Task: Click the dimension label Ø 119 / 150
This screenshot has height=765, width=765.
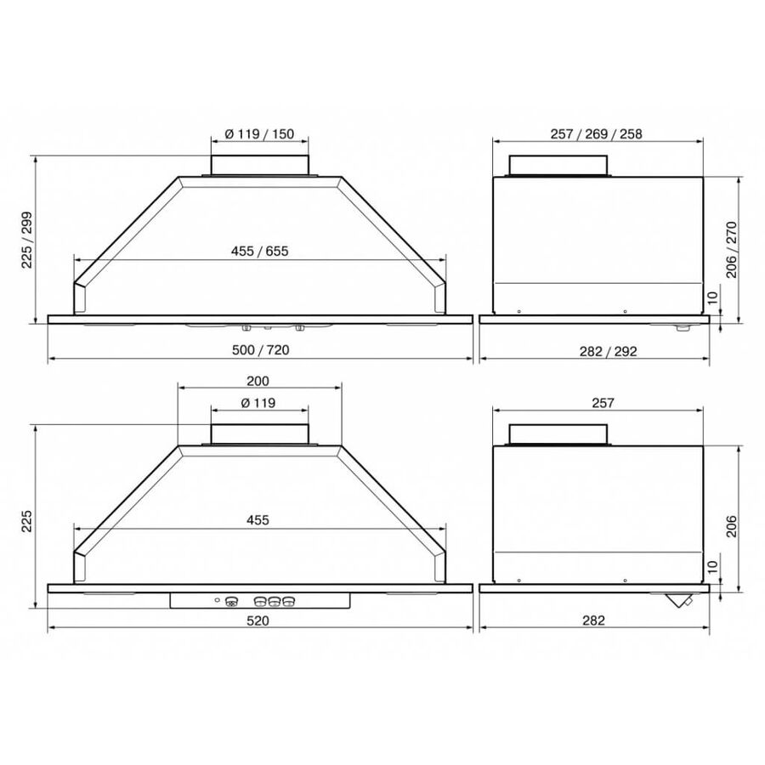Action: tap(259, 133)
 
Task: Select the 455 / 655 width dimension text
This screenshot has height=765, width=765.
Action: tap(259, 252)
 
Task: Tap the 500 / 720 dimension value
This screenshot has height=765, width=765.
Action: tap(261, 350)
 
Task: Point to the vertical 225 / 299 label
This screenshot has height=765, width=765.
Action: tap(27, 240)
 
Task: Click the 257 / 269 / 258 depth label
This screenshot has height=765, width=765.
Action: tap(596, 133)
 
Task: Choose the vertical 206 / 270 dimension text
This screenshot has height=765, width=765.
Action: tap(732, 250)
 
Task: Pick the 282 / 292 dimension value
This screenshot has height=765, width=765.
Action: tap(608, 351)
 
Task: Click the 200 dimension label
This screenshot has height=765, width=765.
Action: tap(258, 381)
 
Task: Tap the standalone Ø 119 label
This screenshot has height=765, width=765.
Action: tap(258, 403)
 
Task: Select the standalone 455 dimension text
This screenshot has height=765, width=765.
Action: tap(258, 520)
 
